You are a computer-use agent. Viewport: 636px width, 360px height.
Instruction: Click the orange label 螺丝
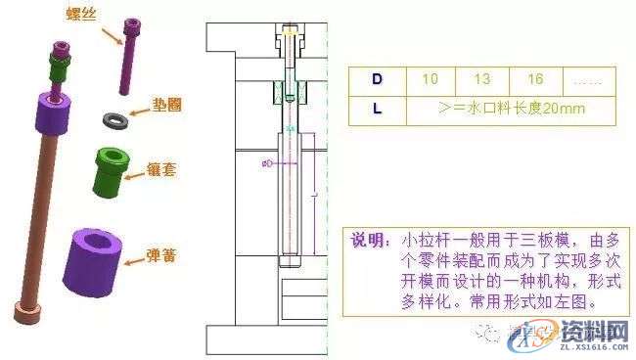(x=79, y=13)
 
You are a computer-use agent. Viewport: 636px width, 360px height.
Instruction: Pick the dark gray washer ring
(x=116, y=119)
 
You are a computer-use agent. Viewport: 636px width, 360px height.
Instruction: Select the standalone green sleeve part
(x=112, y=167)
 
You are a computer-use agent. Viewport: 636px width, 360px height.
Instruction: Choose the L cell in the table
(x=378, y=108)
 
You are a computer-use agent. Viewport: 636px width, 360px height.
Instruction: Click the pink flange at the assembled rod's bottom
(x=26, y=314)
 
